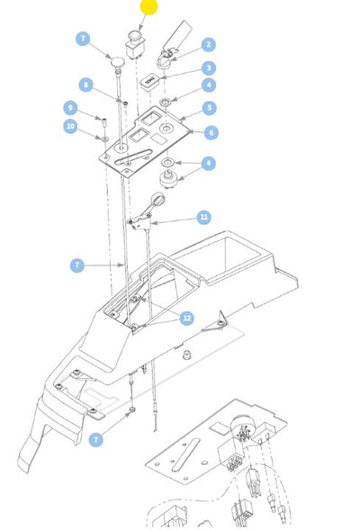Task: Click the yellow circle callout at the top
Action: pos(148,7)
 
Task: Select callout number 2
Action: pos(208,44)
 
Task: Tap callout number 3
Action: pos(208,67)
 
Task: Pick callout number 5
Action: pos(208,108)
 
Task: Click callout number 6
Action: pos(211,132)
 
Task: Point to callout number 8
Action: pos(85,85)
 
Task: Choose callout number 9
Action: pos(69,107)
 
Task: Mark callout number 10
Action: pos(69,127)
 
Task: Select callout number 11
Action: pos(203,217)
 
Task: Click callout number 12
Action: pos(186,318)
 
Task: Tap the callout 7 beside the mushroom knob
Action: pos(83,39)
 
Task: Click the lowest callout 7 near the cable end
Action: pos(96,439)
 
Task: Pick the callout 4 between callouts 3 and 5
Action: pos(208,86)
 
